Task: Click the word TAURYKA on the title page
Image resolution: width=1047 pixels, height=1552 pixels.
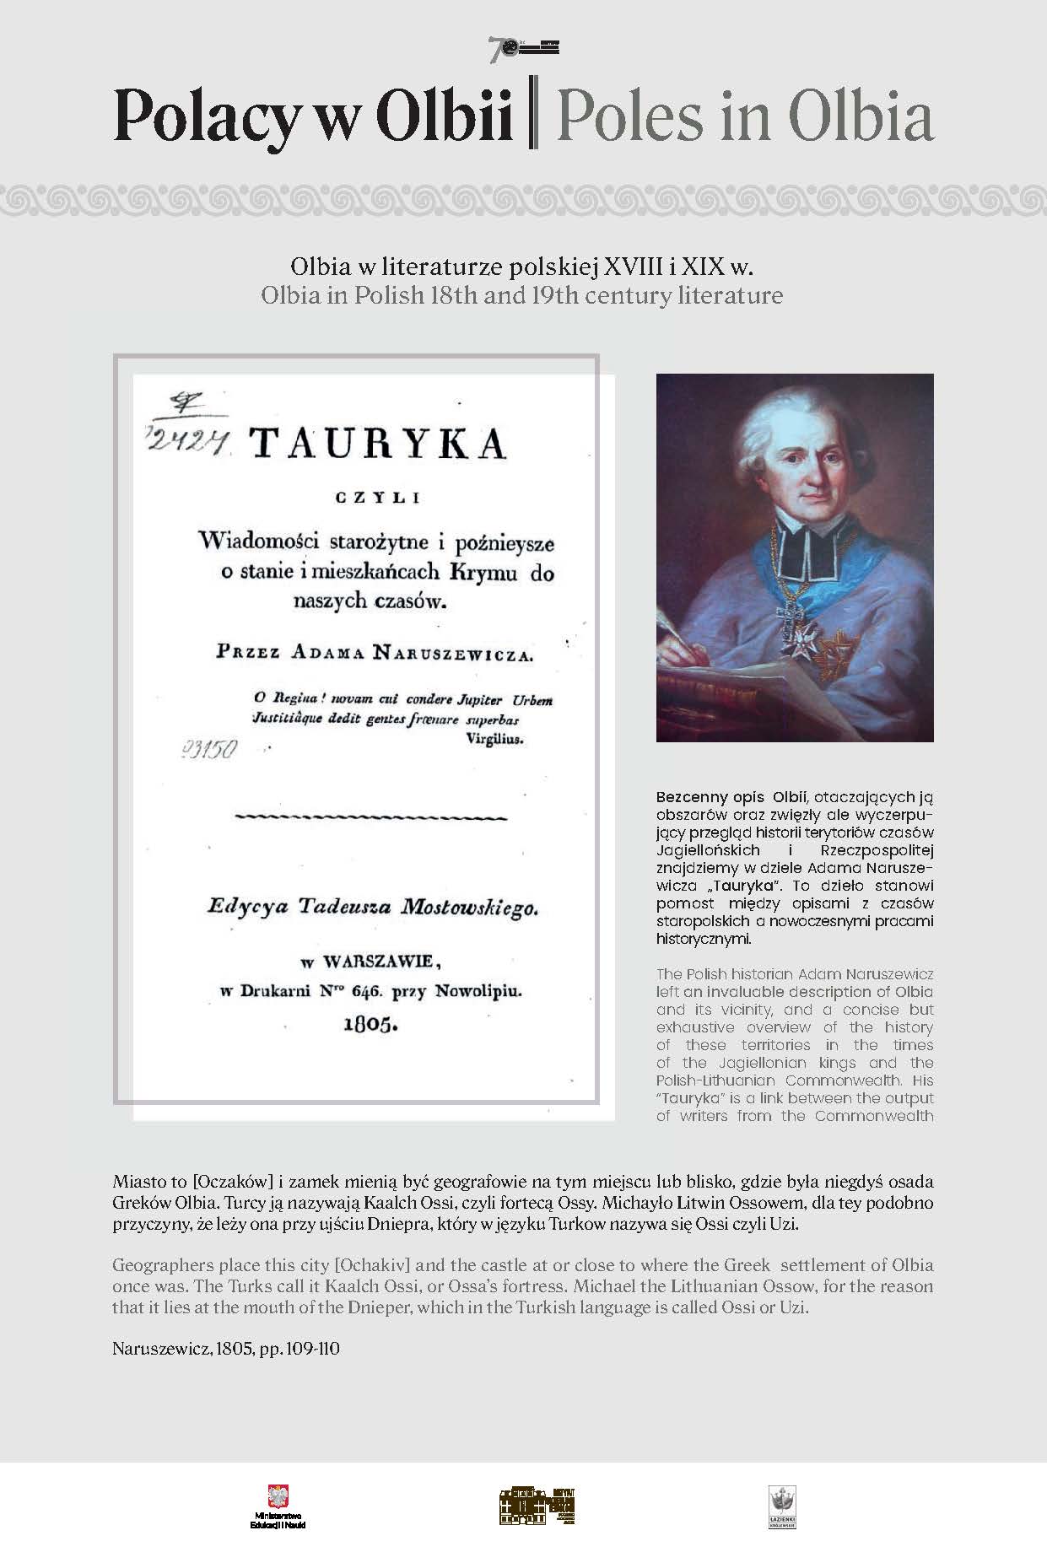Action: [x=378, y=441]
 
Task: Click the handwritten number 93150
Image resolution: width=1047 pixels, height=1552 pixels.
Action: [x=211, y=748]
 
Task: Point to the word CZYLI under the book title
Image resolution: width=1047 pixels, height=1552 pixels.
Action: [x=377, y=498]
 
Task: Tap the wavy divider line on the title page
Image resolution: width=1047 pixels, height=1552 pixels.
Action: [x=370, y=817]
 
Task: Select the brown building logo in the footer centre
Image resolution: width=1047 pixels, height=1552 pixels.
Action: [x=537, y=1505]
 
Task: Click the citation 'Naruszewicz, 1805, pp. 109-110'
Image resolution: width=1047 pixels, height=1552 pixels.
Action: [x=225, y=1348]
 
